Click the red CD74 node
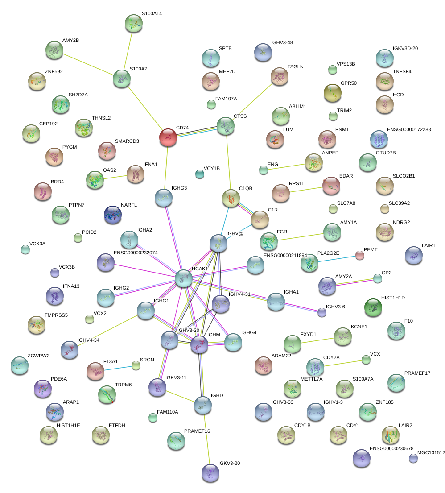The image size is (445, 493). pyautogui.click(x=168, y=137)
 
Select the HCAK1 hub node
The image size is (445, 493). pyautogui.click(x=183, y=278)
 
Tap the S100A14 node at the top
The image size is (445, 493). pyautogui.click(x=133, y=24)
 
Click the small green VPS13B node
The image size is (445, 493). pyautogui.click(x=332, y=69)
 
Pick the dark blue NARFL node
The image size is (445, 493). pyautogui.click(x=112, y=215)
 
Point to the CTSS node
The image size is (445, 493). pyautogui.click(x=226, y=126)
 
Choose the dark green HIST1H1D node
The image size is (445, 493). pyautogui.click(x=373, y=307)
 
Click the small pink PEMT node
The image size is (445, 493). pyautogui.click(x=360, y=255)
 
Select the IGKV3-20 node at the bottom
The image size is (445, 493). pyautogui.click(x=210, y=473)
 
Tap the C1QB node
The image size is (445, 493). pyautogui.click(x=231, y=199)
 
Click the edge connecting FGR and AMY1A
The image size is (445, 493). pyautogui.click(x=305, y=236)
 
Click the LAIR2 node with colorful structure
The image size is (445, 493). pyautogui.click(x=391, y=435)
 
